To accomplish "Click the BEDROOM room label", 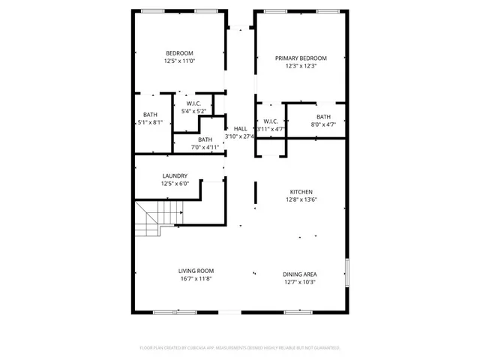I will click(x=179, y=52).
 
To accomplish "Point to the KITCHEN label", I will click(x=301, y=192).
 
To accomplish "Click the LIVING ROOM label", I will click(x=196, y=271).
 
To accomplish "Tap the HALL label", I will click(x=241, y=129).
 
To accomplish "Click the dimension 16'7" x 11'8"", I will click(x=196, y=279).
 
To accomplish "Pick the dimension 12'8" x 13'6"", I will click(x=301, y=199).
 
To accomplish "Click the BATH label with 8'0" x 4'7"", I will click(x=323, y=117).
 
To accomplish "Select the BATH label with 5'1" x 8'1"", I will click(x=150, y=115).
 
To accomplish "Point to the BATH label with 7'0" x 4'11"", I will click(x=205, y=139).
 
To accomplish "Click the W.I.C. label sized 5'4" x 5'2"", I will click(x=194, y=103).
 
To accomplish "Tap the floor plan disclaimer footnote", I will click(x=240, y=348).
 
